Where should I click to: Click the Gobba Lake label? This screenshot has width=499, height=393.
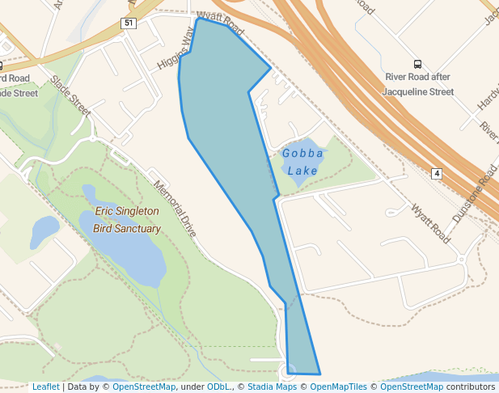click(x=302, y=162)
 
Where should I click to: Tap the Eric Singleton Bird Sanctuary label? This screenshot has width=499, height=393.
click(x=128, y=220)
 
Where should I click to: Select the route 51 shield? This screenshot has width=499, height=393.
click(x=129, y=23)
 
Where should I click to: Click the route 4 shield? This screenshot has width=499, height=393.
click(x=436, y=174)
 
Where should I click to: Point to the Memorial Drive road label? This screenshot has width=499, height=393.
click(x=175, y=208)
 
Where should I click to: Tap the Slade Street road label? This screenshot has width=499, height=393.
click(x=71, y=95)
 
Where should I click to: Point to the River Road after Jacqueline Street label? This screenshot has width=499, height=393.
click(x=419, y=84)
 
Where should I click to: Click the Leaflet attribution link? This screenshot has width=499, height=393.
click(x=45, y=387)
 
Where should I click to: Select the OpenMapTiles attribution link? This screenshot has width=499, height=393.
click(x=339, y=387)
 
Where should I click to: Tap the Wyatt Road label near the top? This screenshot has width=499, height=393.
click(x=219, y=23)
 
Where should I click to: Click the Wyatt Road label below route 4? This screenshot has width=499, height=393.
click(x=429, y=222)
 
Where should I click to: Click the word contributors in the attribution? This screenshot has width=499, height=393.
click(x=471, y=387)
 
